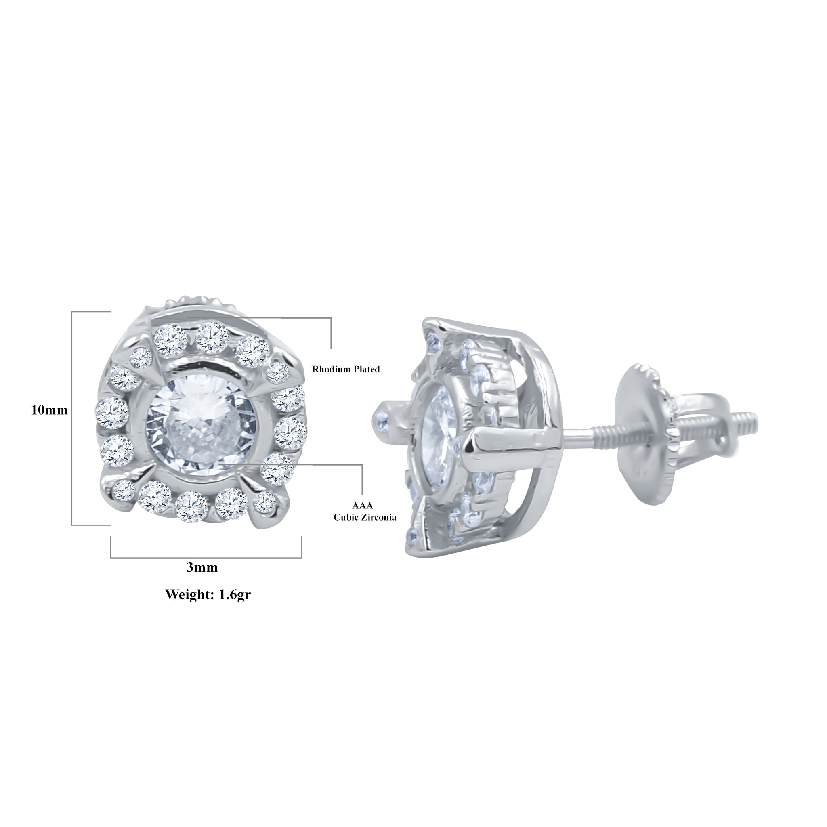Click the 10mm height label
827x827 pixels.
click(49, 410)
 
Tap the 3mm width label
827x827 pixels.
click(202, 568)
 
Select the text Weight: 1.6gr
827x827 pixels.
click(208, 594)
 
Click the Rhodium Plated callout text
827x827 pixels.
click(345, 369)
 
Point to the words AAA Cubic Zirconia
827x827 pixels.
click(365, 512)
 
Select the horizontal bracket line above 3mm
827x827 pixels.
click(206, 558)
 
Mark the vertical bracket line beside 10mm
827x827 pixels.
click(72, 418)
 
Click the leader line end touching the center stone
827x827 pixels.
click(219, 464)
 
